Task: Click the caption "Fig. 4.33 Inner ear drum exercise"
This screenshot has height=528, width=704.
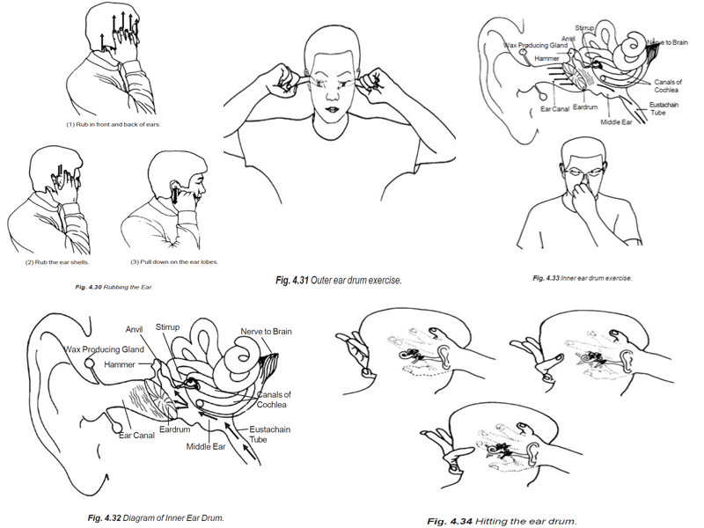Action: point(583,278)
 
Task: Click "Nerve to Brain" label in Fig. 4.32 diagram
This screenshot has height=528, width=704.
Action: point(266,332)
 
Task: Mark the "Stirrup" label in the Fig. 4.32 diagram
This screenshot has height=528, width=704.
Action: point(168,326)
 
